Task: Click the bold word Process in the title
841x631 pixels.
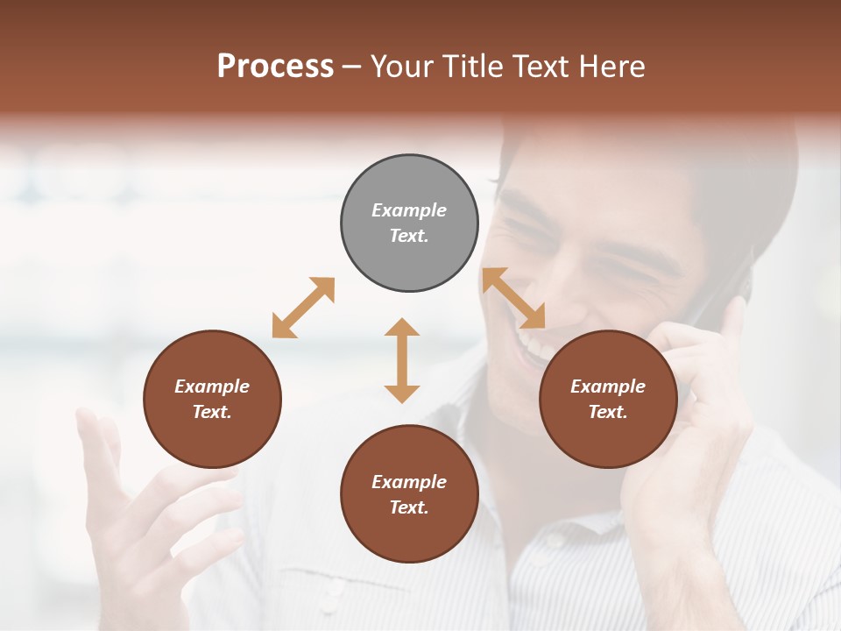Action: pyautogui.click(x=275, y=67)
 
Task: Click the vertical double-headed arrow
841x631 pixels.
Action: pyautogui.click(x=402, y=360)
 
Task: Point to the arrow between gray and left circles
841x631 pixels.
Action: pyautogui.click(x=303, y=308)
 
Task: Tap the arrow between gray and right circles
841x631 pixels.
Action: pyautogui.click(x=513, y=298)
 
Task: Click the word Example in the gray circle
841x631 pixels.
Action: pyautogui.click(x=409, y=210)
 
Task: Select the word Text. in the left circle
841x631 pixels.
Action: pyautogui.click(x=212, y=412)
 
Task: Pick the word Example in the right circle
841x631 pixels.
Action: pyautogui.click(x=608, y=386)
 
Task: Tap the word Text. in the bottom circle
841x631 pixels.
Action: pyautogui.click(x=409, y=507)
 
